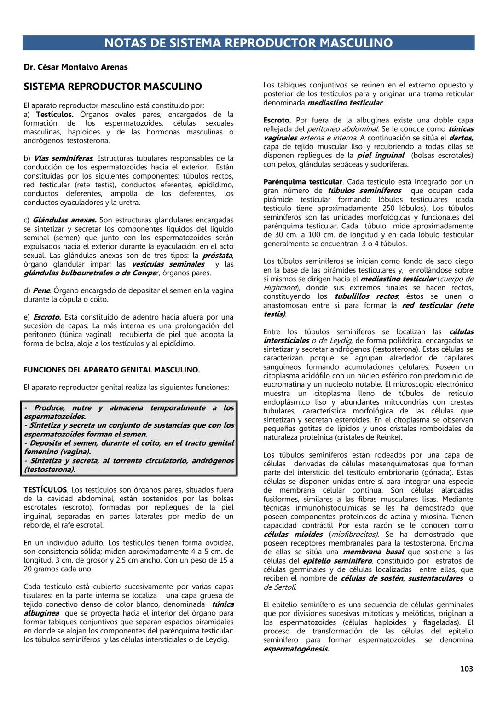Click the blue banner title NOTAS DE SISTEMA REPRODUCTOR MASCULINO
[248, 43]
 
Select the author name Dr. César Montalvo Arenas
[75, 67]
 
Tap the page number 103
[466, 669]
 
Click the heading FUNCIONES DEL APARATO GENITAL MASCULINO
[112, 370]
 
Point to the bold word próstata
[217, 256]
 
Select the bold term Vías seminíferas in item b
[64, 158]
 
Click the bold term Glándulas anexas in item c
[64, 220]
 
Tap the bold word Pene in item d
[41, 291]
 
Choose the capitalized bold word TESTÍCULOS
[46, 490]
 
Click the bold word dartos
[461, 138]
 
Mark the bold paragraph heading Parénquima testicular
[303, 182]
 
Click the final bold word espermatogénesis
[296, 649]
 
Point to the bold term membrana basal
[373, 552]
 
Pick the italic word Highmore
[280, 288]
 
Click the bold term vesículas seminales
[168, 264]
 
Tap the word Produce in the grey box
[48, 408]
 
